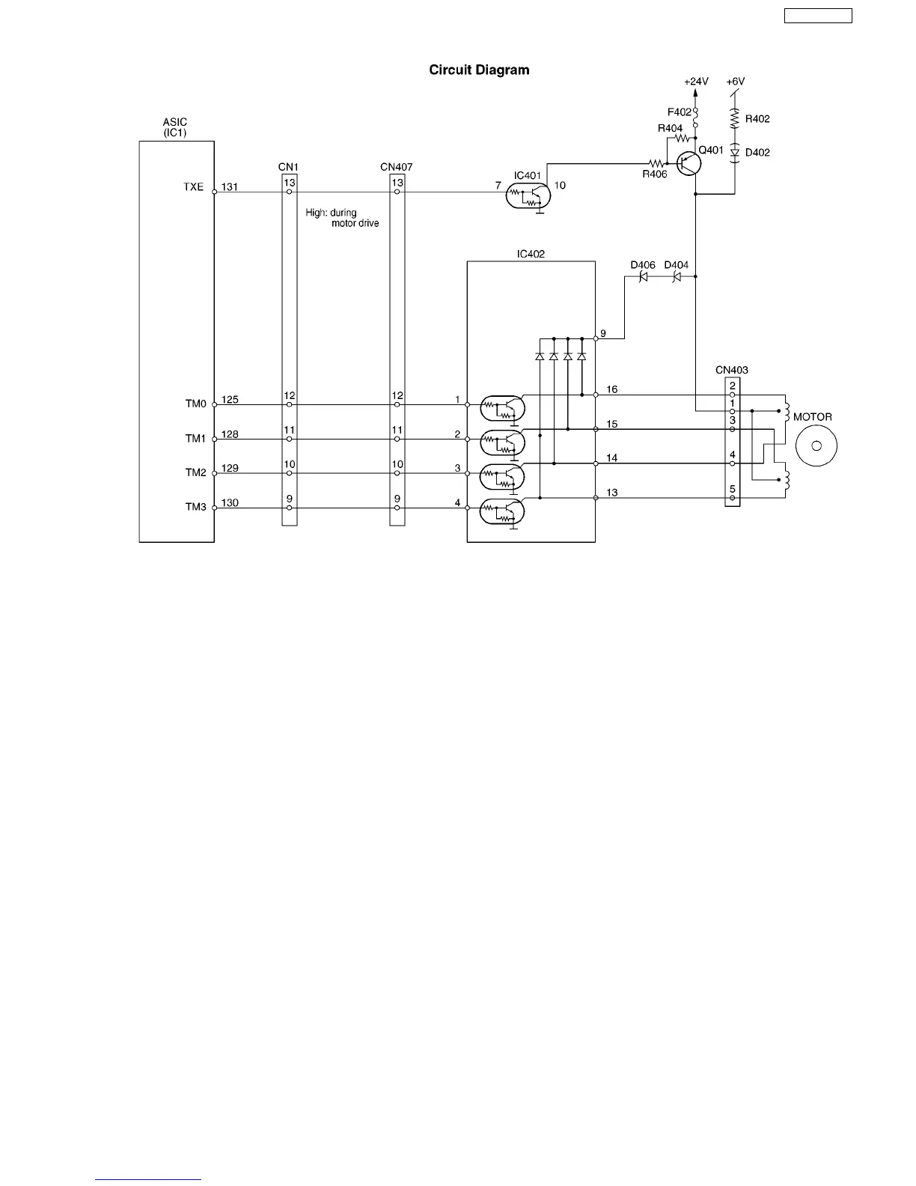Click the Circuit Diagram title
479,70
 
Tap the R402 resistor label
757,119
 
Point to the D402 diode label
757,153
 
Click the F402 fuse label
680,112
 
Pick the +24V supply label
696,82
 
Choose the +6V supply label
736,82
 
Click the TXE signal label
194,187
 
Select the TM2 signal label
195,472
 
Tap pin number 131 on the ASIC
230,187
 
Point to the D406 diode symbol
643,276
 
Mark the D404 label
676,265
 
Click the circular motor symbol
816,446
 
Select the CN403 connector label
731,370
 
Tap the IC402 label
531,254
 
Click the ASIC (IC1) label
175,127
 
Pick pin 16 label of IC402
611,389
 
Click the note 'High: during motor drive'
342,218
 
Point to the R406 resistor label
654,174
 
